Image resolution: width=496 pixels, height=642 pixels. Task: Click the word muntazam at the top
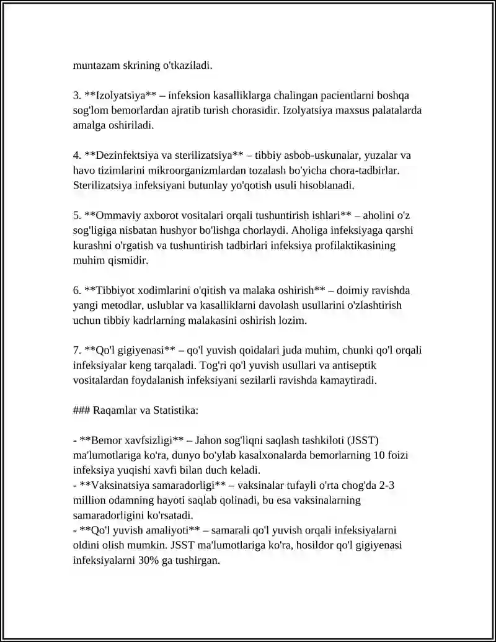(x=95, y=64)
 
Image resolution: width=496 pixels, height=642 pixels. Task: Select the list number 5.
(x=76, y=215)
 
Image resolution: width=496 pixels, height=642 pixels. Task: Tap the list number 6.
(x=76, y=290)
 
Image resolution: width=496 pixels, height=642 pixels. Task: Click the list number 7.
(x=76, y=350)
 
